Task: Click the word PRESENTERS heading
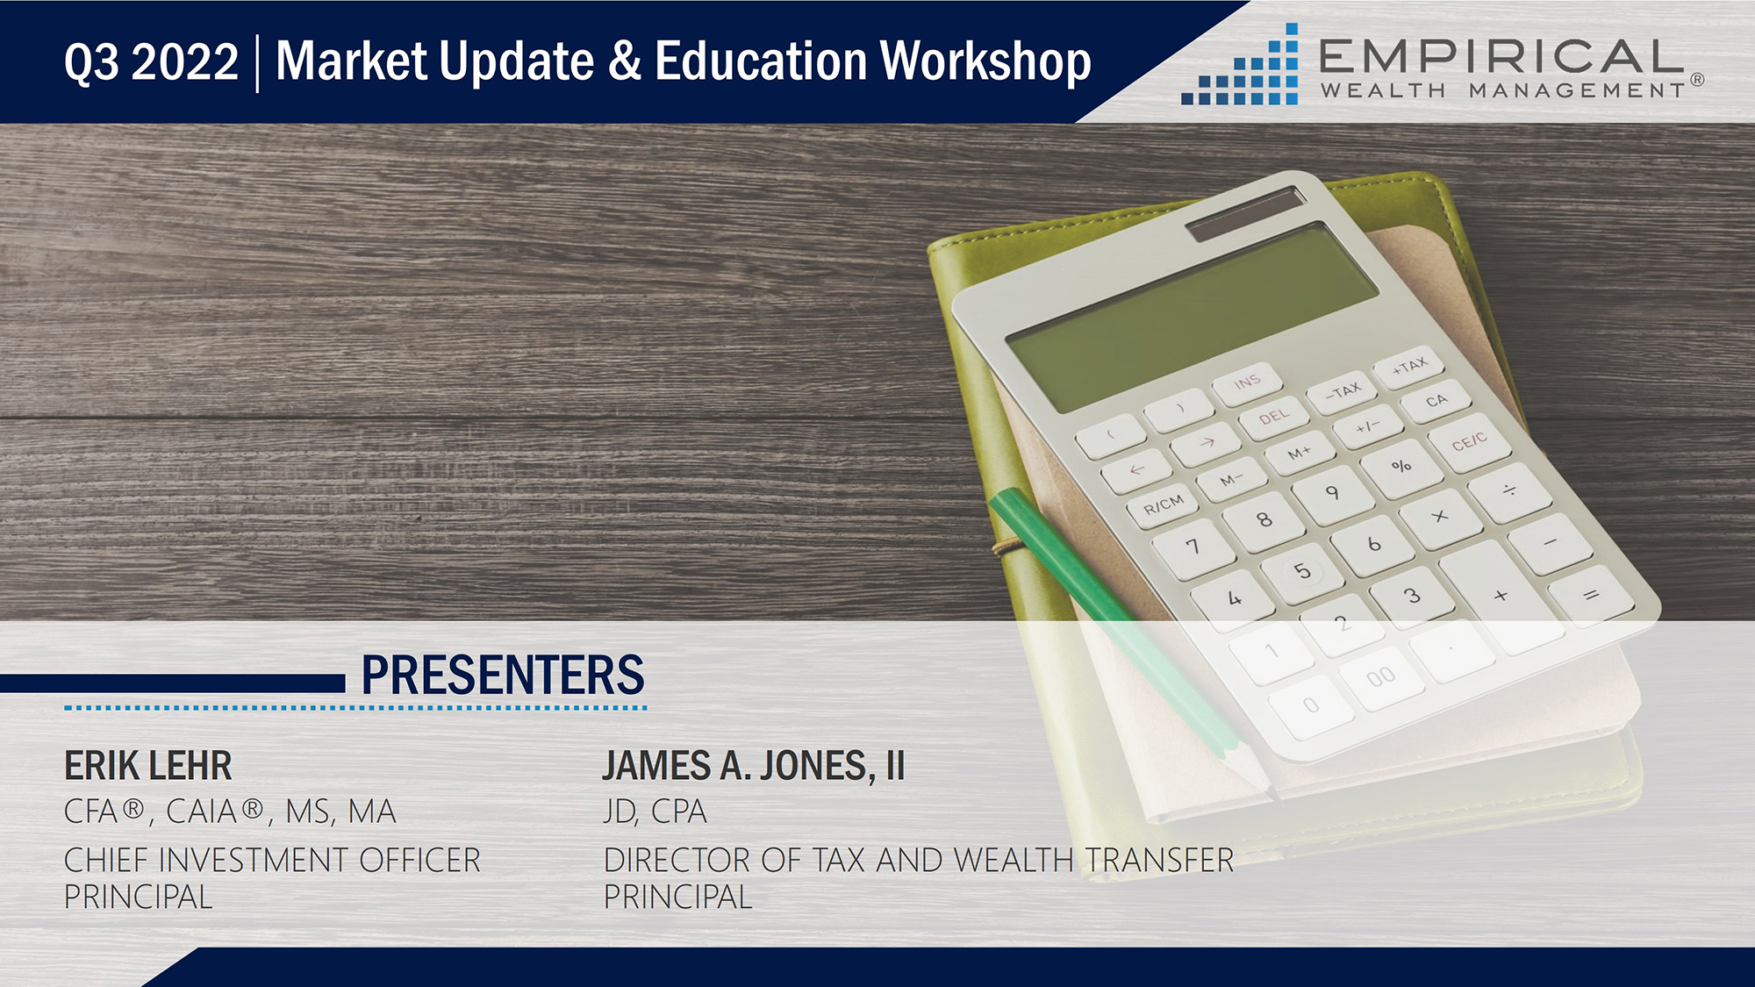[503, 675]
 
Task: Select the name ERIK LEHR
[148, 766]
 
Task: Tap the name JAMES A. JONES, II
[754, 766]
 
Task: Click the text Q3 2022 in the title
[151, 62]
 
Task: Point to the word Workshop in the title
[985, 62]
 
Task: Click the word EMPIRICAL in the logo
[1501, 57]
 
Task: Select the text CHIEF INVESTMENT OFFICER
[272, 861]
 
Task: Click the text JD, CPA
[655, 812]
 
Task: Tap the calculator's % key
[1401, 466]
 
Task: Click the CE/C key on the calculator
[1469, 441]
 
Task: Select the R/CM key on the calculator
[1164, 505]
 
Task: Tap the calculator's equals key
[1590, 597]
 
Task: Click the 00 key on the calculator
[1380, 676]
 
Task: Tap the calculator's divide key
[1509, 490]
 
